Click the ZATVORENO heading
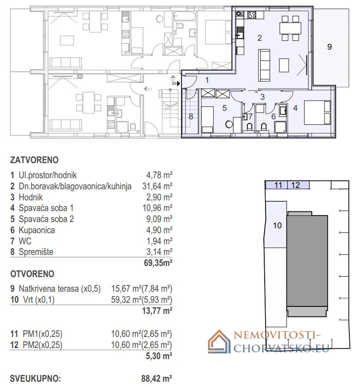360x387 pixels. [34, 160]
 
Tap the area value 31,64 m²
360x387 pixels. [157, 186]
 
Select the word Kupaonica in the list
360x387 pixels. [37, 230]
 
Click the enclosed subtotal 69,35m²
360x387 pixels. [158, 263]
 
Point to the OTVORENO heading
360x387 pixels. [32, 274]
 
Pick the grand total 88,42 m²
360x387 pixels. [157, 379]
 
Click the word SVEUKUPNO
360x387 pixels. [35, 379]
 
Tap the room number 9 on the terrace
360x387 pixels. [329, 47]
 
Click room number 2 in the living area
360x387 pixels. [259, 38]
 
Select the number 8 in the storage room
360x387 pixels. [191, 117]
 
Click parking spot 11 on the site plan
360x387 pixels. [278, 185]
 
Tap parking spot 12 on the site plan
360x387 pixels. [296, 185]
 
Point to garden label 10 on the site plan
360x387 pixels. [277, 225]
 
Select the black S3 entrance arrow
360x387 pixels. [179, 83]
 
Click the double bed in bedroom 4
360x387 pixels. [317, 112]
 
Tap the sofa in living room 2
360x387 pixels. [264, 65]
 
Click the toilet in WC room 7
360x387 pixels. [250, 127]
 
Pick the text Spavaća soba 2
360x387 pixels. [46, 219]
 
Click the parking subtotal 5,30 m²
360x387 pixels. [159, 356]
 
